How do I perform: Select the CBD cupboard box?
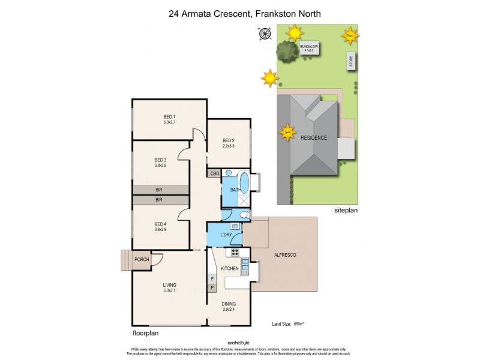coord(214,173)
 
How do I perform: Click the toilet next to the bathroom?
coord(244,215)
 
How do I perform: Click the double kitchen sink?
coord(245,266)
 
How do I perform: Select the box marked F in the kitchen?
coord(211,278)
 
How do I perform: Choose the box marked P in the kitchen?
coord(211,289)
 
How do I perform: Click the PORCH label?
coord(142,260)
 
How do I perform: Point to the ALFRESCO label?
coord(286,256)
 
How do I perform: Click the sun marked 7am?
coord(350,36)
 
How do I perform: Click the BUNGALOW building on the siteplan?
coord(309,47)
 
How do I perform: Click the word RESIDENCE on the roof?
coord(314,137)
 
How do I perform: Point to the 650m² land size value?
coord(298,324)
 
